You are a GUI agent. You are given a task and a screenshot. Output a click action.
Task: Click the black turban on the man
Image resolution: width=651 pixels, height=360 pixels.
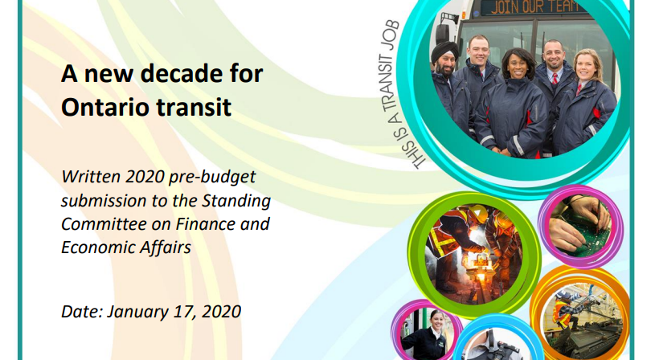(x=444, y=51)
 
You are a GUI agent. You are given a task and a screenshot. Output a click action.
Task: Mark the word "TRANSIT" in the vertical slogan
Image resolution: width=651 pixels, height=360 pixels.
(x=389, y=84)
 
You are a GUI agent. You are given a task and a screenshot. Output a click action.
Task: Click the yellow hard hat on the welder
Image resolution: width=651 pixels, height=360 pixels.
(x=479, y=213)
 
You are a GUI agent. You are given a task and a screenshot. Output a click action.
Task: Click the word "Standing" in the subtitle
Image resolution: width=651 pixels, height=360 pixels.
(x=235, y=202)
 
